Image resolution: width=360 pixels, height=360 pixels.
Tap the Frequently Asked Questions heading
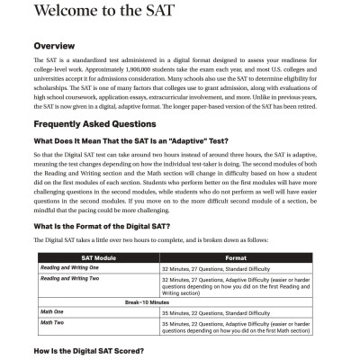107,125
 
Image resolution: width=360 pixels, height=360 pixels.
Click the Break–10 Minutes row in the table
180,300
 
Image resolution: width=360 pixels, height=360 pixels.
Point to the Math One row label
51,310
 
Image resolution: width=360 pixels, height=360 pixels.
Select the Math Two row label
51,321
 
